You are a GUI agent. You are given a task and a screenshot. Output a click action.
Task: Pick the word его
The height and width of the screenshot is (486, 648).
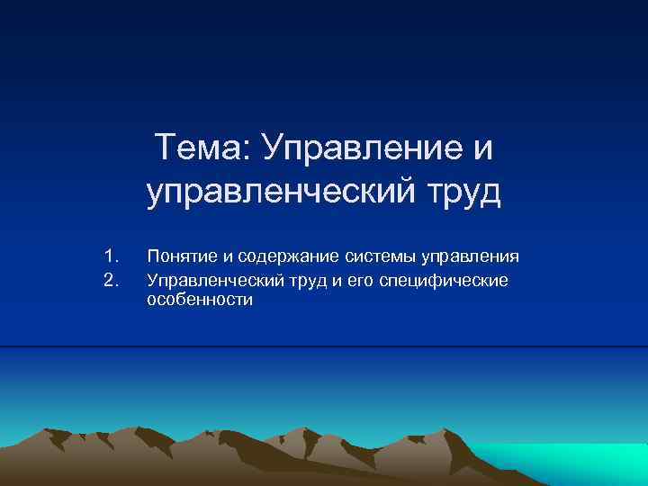352,281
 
